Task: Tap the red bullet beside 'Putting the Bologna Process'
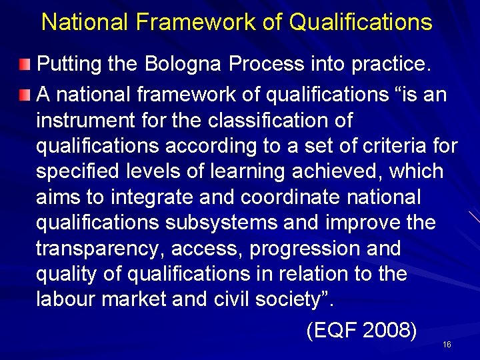coord(25,65)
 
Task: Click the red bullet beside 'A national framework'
coord(25,94)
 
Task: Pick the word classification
coord(262,121)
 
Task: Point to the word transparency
coord(100,248)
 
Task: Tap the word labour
coord(65,299)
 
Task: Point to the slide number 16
coord(447,345)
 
